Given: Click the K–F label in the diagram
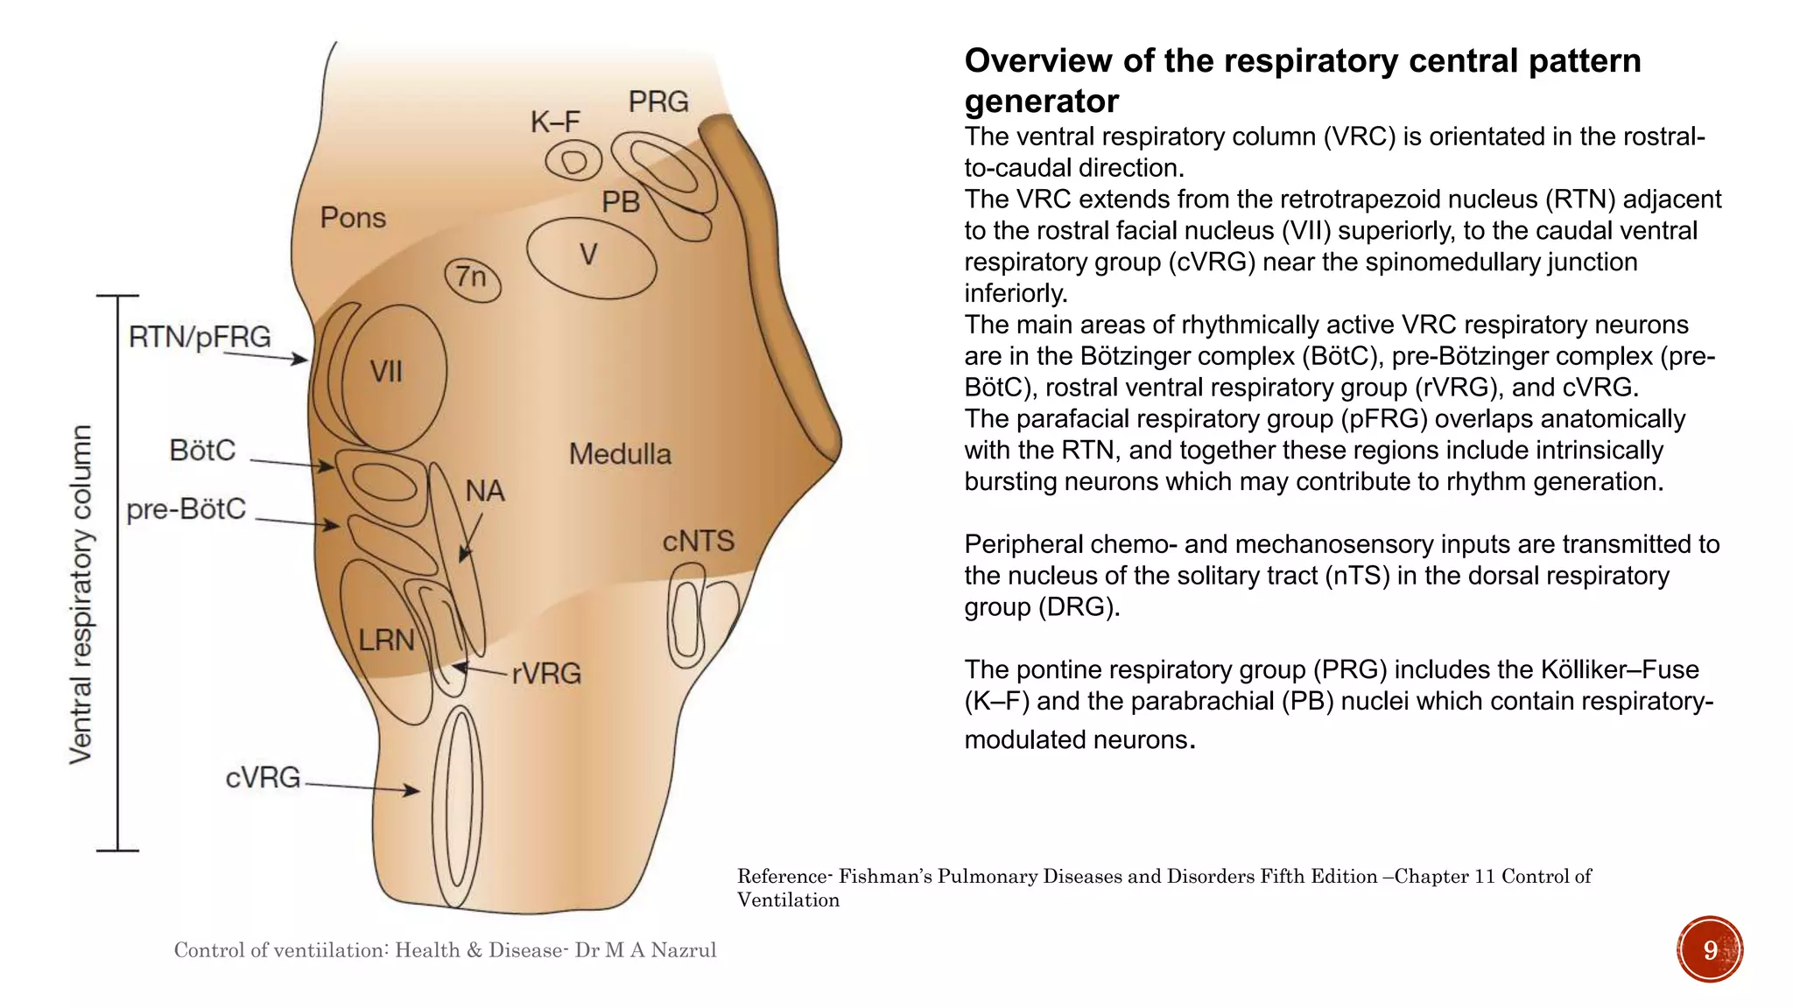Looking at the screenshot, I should tap(555, 122).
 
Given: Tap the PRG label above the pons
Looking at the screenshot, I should tap(658, 102).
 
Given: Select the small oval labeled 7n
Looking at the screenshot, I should tap(473, 279).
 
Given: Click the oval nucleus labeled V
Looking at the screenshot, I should tap(591, 256).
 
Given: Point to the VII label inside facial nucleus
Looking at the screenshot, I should tap(386, 373).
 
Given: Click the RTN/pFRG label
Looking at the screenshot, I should tap(200, 337).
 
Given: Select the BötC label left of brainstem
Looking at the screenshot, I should tap(202, 451).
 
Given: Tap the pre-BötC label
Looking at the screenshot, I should tap(186, 509).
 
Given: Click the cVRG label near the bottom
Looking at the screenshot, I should tap(263, 778).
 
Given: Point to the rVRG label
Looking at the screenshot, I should tap(546, 674).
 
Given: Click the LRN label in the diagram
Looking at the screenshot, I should tap(386, 640).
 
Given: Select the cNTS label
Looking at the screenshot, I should tap(698, 542).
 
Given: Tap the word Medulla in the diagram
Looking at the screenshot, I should tap(620, 454).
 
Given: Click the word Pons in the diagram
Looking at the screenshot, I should tap(353, 218).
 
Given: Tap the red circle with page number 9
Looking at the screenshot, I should tap(1710, 950).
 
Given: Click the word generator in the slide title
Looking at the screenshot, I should tap(1041, 102).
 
